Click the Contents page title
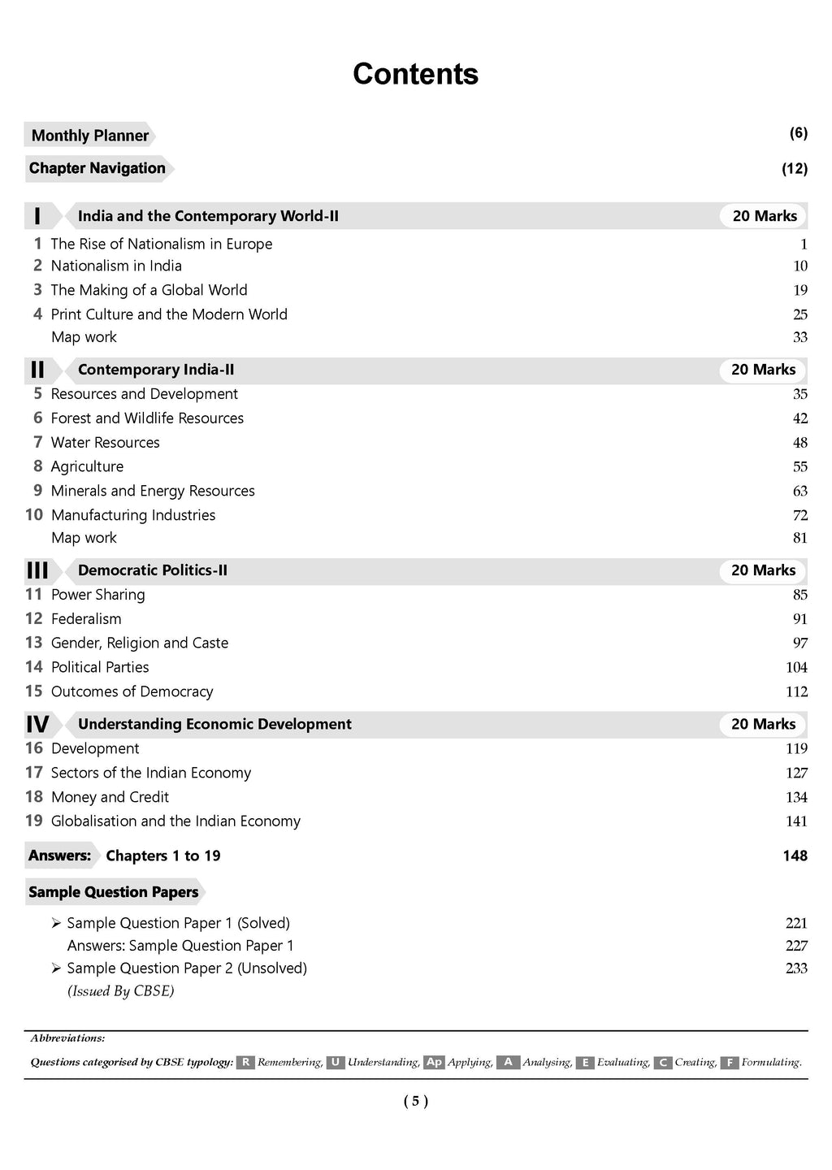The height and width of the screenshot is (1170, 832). [415, 74]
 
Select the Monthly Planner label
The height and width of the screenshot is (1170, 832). [89, 136]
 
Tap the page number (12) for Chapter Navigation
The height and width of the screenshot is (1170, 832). [794, 169]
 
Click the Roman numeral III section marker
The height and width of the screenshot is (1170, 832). [37, 570]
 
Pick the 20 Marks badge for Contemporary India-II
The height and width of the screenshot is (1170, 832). [763, 370]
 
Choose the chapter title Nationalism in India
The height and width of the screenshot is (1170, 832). [116, 266]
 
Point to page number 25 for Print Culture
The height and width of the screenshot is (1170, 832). [799, 314]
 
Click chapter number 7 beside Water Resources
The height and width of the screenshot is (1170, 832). [37, 442]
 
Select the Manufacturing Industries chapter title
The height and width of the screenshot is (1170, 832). [133, 515]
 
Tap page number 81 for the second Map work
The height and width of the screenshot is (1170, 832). [799, 538]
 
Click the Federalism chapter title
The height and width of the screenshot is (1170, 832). [86, 619]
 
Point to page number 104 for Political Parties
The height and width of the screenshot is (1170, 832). [796, 668]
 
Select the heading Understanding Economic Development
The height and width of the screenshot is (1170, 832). [214, 724]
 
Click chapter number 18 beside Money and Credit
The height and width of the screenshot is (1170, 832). [33, 797]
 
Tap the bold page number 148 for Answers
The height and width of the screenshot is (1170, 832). [795, 856]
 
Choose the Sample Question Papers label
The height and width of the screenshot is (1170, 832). [113, 892]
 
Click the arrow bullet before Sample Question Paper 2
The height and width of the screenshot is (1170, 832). [56, 968]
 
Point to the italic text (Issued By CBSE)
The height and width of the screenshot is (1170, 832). [120, 991]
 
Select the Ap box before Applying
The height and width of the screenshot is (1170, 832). [434, 1063]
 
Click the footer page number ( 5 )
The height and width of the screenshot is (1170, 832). [415, 1102]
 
